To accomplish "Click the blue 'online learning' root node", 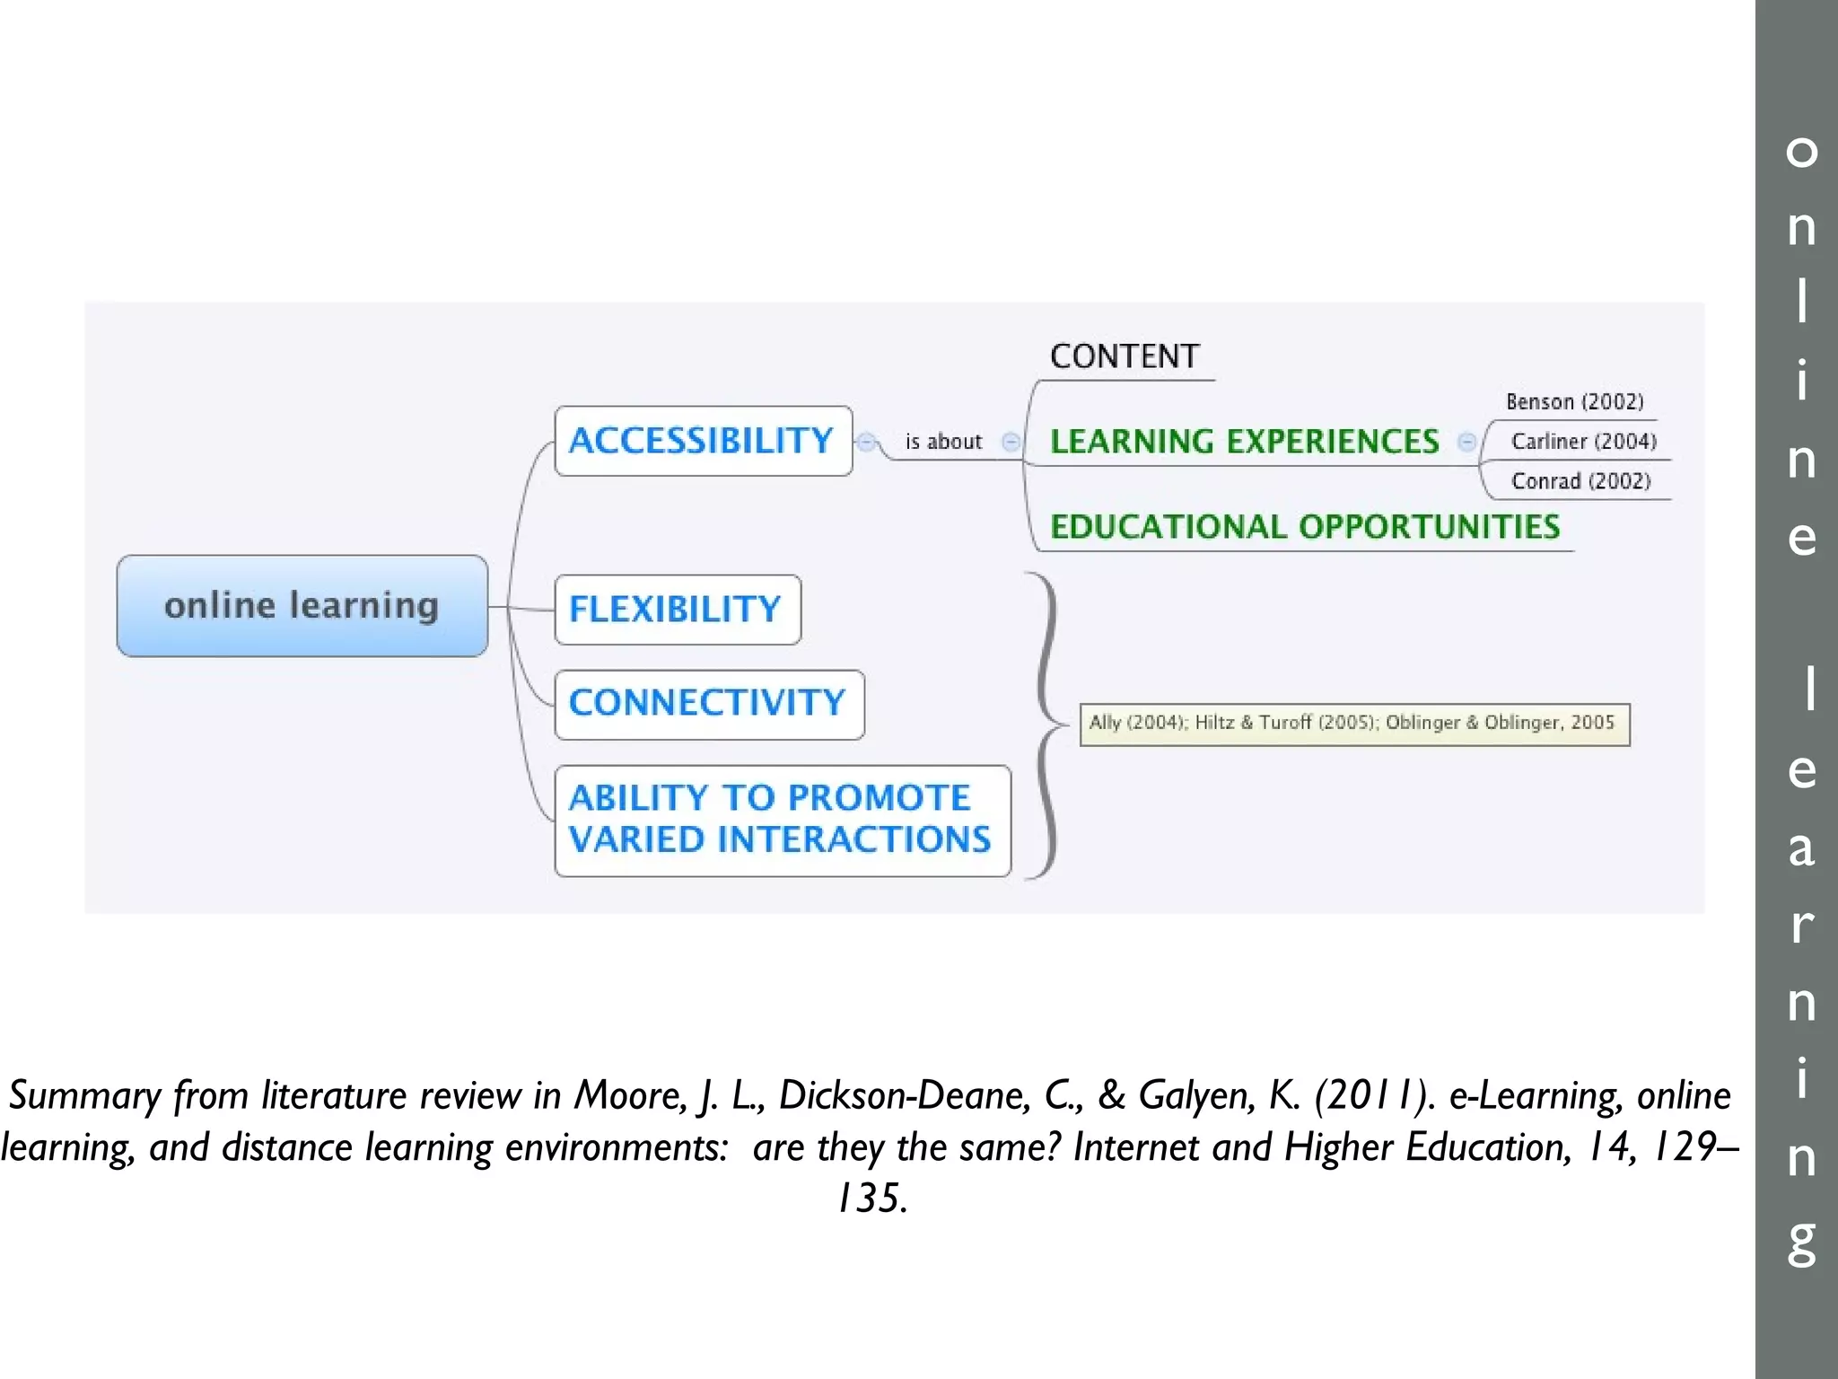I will point(302,606).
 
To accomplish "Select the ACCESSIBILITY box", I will point(703,441).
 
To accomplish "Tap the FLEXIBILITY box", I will point(678,610).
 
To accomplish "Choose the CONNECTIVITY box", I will point(709,704).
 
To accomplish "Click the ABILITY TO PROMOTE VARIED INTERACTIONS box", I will point(782,820).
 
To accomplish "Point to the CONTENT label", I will point(1124,356).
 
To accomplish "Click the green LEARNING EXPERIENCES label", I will point(1244,442).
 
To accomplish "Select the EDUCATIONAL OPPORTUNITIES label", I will point(1304,527).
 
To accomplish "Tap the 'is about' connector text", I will point(943,442).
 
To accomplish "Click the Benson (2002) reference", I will point(1574,401).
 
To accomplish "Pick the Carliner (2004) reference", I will point(1583,441).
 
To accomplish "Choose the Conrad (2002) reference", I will point(1580,481).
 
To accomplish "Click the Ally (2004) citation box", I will point(1353,724).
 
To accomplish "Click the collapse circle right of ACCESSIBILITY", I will point(866,442).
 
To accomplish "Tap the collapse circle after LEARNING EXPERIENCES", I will point(1466,442).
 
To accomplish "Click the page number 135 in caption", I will point(871,1199).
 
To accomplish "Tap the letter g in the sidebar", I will point(1801,1242).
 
